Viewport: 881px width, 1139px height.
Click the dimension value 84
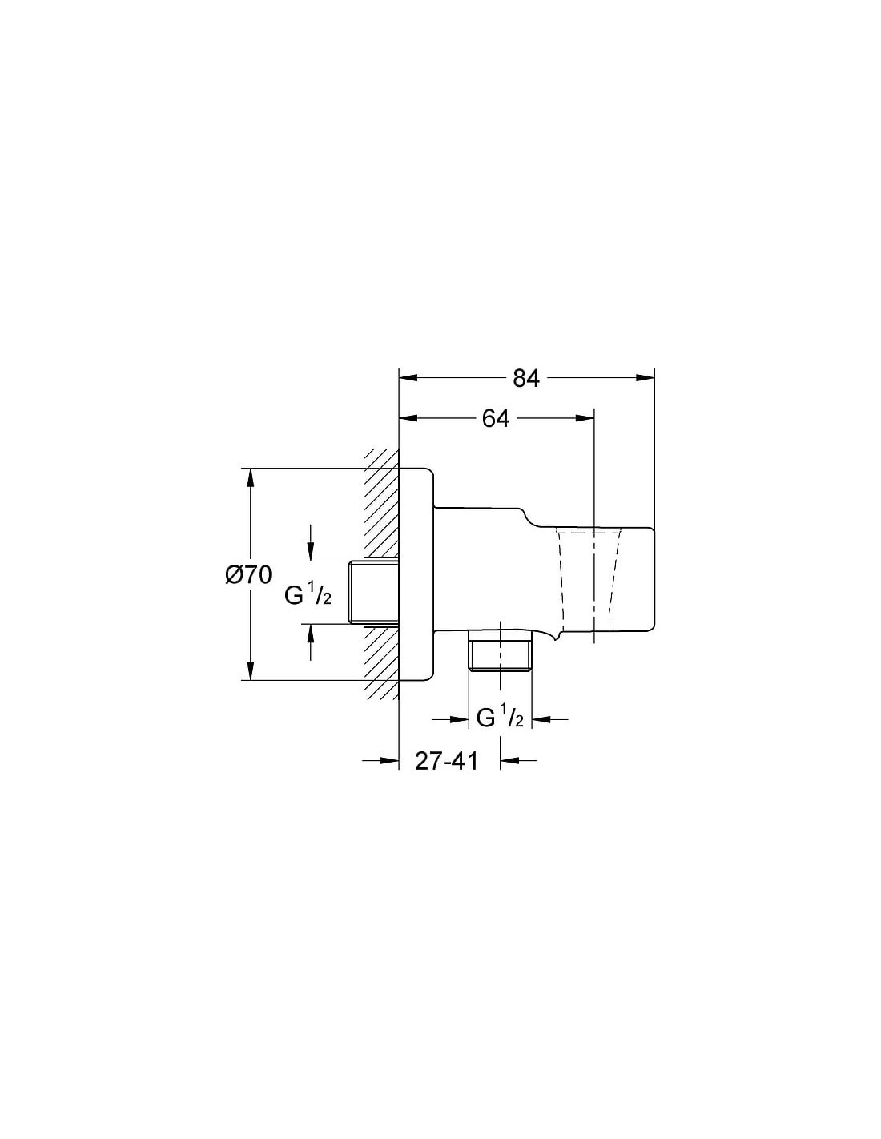click(x=525, y=378)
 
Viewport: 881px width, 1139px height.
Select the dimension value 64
click(x=495, y=418)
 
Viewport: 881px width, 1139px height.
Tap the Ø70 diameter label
click(x=248, y=575)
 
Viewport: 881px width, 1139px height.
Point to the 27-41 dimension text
click(x=447, y=761)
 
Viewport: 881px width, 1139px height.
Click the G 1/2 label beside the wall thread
click(x=308, y=595)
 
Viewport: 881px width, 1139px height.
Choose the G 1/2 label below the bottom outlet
click(x=500, y=718)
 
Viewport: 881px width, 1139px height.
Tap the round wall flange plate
click(x=416, y=574)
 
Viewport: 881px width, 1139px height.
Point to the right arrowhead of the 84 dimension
click(x=646, y=377)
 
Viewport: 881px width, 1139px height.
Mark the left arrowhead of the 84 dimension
click(x=408, y=377)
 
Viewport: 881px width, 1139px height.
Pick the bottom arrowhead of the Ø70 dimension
click(x=251, y=670)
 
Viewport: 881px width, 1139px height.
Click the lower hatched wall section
click(x=381, y=662)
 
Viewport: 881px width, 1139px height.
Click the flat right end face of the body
click(x=655, y=579)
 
